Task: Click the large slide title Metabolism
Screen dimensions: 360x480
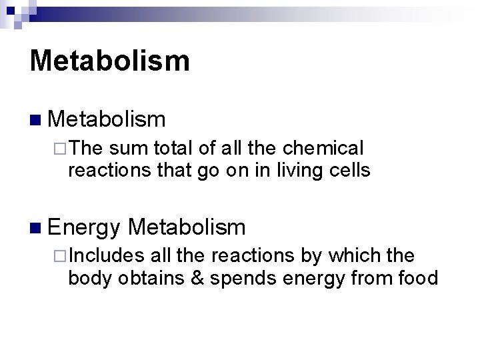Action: point(110,59)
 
